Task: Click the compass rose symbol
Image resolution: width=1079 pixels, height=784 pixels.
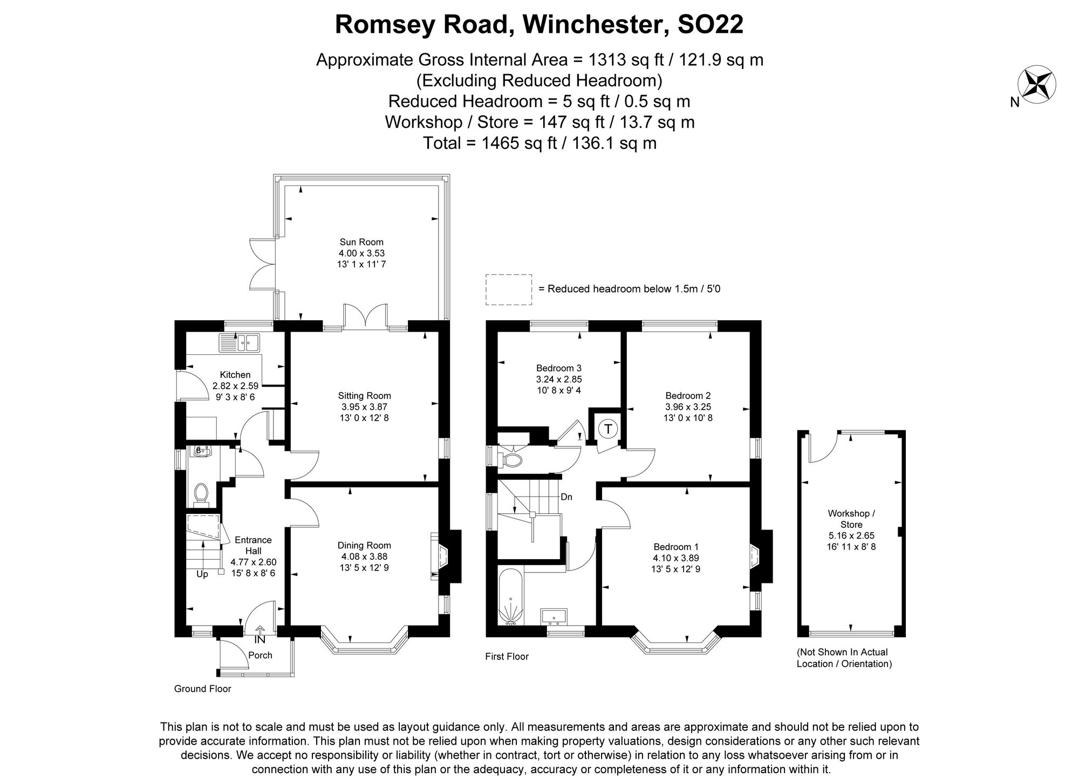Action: point(1036,85)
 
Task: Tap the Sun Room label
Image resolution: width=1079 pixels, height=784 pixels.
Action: point(361,242)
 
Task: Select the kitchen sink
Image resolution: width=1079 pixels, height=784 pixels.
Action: point(240,342)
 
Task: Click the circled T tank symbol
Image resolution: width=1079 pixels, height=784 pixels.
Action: point(608,429)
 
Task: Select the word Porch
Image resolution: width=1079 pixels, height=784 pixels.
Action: point(260,655)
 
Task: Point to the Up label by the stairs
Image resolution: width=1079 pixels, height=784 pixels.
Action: point(202,574)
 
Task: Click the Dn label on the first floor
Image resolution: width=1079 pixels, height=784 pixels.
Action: point(566,497)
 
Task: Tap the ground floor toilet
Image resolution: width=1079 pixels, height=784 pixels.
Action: point(201,493)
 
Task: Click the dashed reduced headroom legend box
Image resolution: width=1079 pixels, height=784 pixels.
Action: point(508,290)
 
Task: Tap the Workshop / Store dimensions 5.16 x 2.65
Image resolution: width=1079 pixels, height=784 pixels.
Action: point(851,536)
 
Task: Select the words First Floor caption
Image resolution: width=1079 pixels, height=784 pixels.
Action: point(507,656)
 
